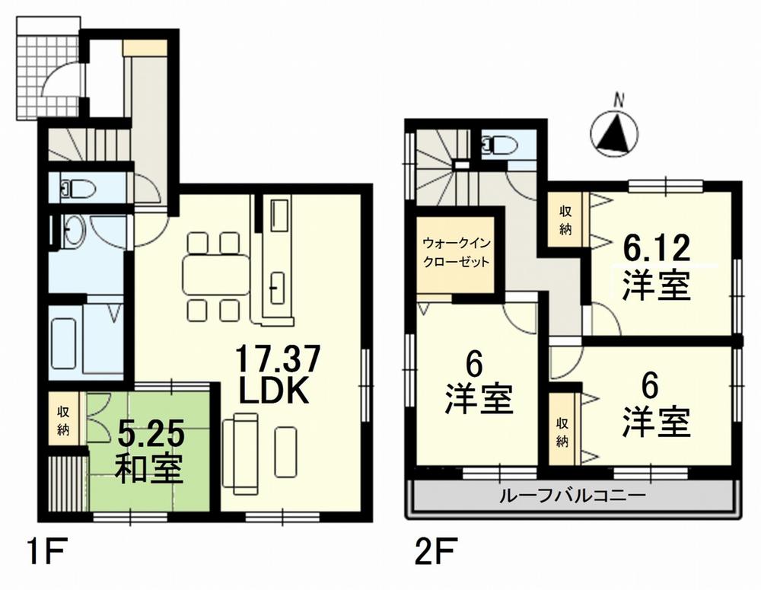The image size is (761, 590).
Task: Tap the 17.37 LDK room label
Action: click(x=274, y=374)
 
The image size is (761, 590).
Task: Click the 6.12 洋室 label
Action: click(x=656, y=266)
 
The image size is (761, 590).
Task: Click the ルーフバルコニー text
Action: click(x=572, y=496)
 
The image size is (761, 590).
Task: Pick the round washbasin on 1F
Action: click(x=73, y=230)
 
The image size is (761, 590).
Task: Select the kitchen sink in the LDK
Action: click(x=276, y=289)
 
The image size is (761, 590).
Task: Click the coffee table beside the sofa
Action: click(x=285, y=451)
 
